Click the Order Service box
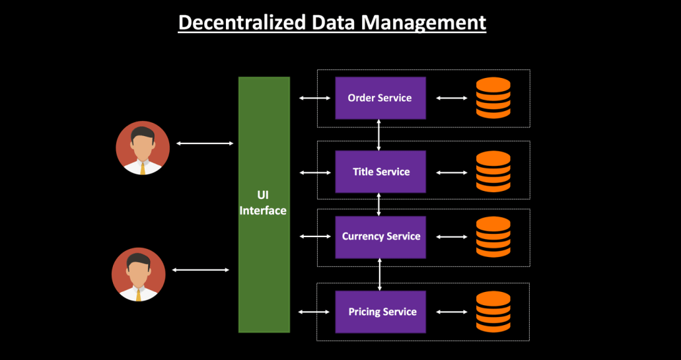click(x=380, y=98)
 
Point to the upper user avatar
click(x=143, y=148)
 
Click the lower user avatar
click(x=139, y=274)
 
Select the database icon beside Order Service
click(x=493, y=98)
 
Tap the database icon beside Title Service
click(x=493, y=172)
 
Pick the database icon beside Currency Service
click(x=493, y=236)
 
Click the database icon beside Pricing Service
click(x=493, y=312)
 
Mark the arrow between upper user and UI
click(x=205, y=143)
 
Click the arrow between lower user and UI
click(x=201, y=270)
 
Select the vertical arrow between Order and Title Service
click(x=378, y=135)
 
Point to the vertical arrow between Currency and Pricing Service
click(x=380, y=274)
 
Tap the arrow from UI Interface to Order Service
click(x=314, y=98)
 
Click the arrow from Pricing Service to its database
click(x=452, y=312)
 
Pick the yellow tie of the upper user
click(x=143, y=167)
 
